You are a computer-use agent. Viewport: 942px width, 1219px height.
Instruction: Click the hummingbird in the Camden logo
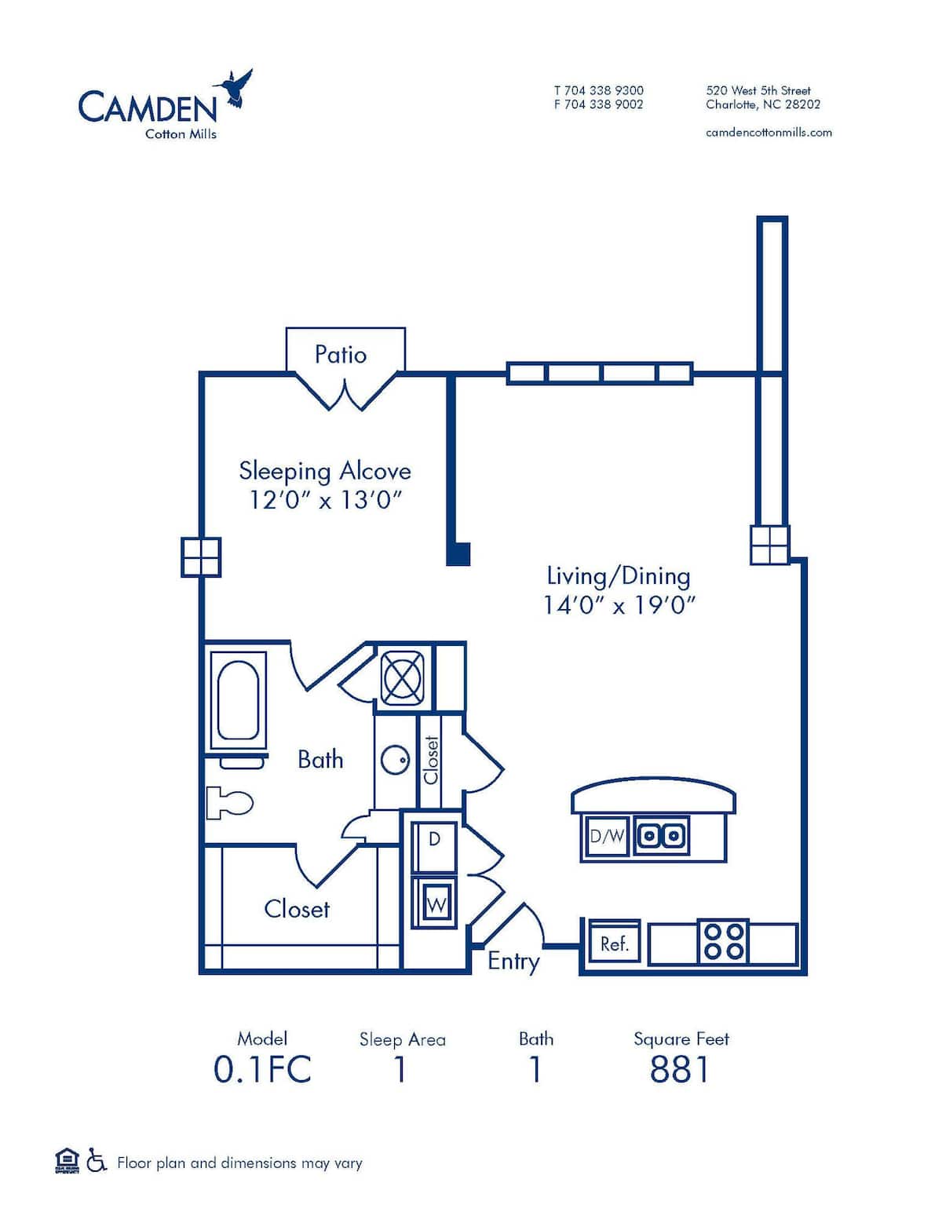(x=234, y=87)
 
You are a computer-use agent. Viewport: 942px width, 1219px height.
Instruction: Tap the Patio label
(x=341, y=355)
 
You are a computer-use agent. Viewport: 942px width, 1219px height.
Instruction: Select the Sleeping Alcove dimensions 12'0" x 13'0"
(x=326, y=499)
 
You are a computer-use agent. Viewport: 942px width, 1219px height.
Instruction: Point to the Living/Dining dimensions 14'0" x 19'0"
(x=619, y=605)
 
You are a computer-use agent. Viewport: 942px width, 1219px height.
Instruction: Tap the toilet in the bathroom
(x=230, y=802)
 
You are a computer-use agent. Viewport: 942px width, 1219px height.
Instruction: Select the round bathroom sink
(x=395, y=759)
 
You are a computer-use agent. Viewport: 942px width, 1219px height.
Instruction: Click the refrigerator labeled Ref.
(x=614, y=943)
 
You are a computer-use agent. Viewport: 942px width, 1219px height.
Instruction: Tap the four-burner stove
(x=724, y=941)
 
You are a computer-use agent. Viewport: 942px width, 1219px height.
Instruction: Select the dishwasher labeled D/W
(x=607, y=837)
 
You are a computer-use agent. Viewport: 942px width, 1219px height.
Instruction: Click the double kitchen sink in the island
(x=662, y=835)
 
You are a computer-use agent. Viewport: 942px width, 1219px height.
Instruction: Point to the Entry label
(x=513, y=962)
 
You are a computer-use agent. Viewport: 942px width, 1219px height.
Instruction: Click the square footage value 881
(x=680, y=1069)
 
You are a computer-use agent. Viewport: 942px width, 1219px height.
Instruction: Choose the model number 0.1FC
(x=262, y=1069)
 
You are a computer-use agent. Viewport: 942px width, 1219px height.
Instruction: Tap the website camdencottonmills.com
(x=769, y=133)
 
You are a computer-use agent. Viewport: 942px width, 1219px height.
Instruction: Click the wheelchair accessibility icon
(x=97, y=1160)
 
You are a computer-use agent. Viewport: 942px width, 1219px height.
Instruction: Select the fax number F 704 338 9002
(x=598, y=104)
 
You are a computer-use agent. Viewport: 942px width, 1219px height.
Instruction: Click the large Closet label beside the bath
(x=297, y=909)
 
